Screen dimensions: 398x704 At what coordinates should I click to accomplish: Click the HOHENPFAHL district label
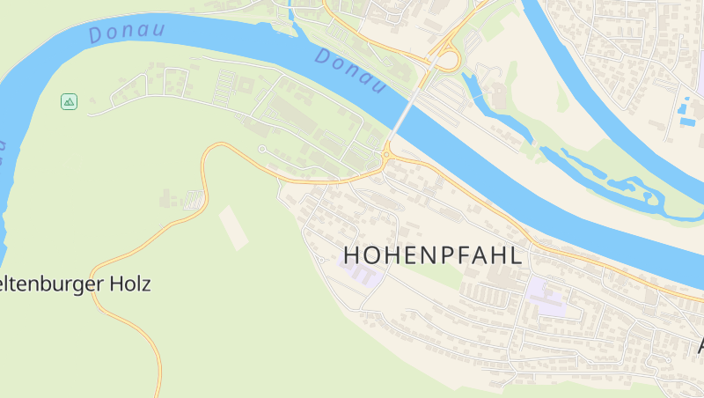[433, 254]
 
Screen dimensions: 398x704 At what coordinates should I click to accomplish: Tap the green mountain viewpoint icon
[69, 102]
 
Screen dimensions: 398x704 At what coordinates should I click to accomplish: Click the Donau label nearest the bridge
[350, 70]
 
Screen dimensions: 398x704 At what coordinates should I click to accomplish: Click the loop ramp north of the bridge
[447, 60]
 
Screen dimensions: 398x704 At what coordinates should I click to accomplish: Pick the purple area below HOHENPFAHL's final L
[546, 296]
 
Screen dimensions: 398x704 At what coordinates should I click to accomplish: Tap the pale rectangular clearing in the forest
[233, 226]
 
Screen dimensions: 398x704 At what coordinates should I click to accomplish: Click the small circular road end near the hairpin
[262, 150]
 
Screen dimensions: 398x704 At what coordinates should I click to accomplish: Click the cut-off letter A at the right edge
[700, 345]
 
